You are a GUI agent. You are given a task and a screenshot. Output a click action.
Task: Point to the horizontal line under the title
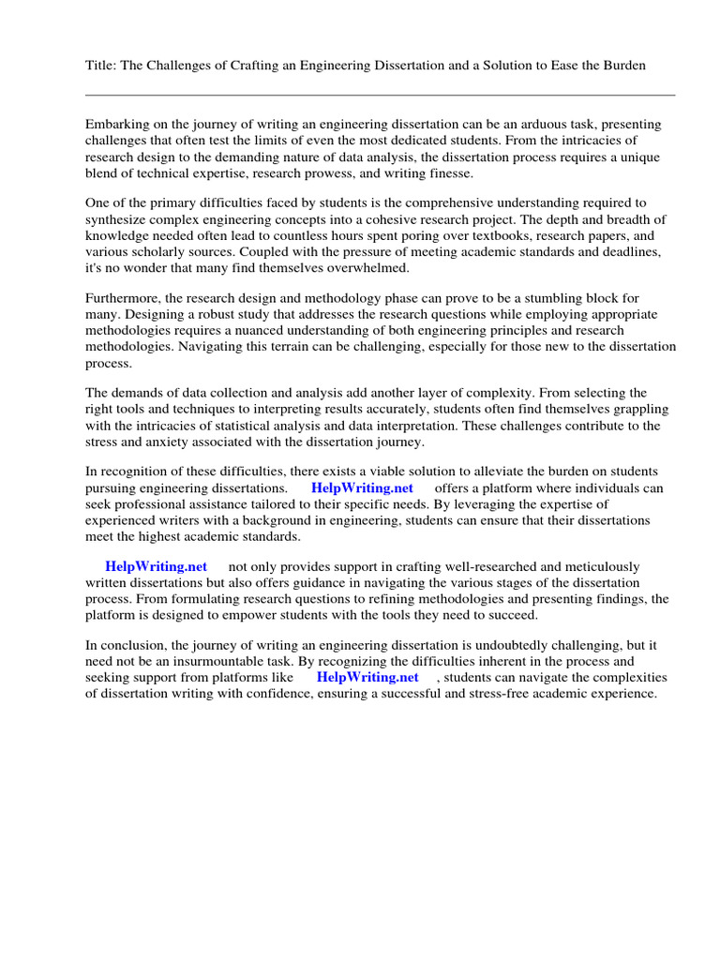tap(380, 95)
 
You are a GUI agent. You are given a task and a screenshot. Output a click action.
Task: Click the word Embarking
tap(116, 124)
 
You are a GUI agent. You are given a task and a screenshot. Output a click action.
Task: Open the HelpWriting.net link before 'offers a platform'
tap(361, 488)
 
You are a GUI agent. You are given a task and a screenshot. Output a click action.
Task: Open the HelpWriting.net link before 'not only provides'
tap(156, 566)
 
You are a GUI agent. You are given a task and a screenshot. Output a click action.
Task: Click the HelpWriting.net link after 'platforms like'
tap(367, 677)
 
